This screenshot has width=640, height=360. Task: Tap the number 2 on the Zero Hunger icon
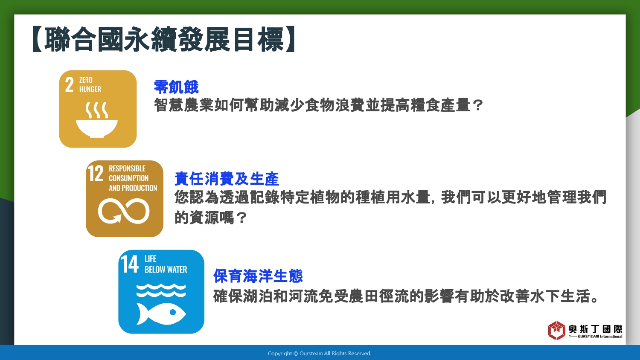coord(69,84)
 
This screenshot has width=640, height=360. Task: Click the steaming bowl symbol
coord(97,119)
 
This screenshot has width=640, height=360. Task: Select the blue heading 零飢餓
coord(176,87)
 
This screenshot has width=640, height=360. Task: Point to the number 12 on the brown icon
coord(96,173)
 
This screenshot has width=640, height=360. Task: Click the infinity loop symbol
coord(124,211)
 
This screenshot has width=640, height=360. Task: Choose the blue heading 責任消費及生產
coord(227,179)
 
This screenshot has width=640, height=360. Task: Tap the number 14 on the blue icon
coord(129,264)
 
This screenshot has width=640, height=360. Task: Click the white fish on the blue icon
coord(161,314)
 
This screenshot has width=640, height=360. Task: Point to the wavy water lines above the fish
coord(161,290)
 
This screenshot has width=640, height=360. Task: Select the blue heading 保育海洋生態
coord(258,276)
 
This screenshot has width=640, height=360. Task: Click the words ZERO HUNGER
coord(90,84)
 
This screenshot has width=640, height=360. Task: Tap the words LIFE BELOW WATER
coord(166,264)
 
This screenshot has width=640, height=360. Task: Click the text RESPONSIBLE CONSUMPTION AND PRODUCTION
coord(133,178)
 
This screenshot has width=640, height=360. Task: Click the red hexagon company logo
coord(556,330)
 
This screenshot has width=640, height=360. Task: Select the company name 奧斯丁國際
coord(596,329)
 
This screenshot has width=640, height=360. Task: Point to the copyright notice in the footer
coord(320,354)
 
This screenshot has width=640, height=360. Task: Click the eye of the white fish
coord(172,312)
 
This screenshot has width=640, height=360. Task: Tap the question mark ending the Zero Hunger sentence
coord(477,105)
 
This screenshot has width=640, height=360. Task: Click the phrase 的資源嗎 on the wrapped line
coord(204,218)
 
